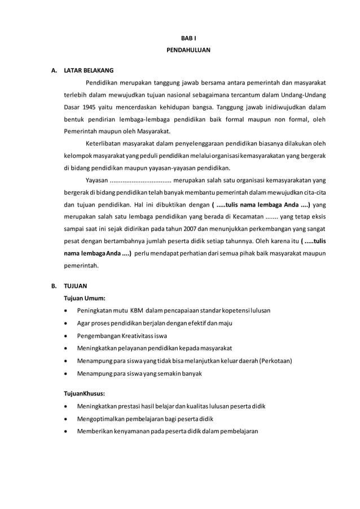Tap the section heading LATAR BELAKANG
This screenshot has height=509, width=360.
click(89, 71)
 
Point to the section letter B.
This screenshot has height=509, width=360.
click(54, 286)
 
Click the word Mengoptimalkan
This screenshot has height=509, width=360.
click(103, 418)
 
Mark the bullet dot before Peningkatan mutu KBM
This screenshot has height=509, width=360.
click(68, 311)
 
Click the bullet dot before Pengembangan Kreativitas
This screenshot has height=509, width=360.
click(68, 336)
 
